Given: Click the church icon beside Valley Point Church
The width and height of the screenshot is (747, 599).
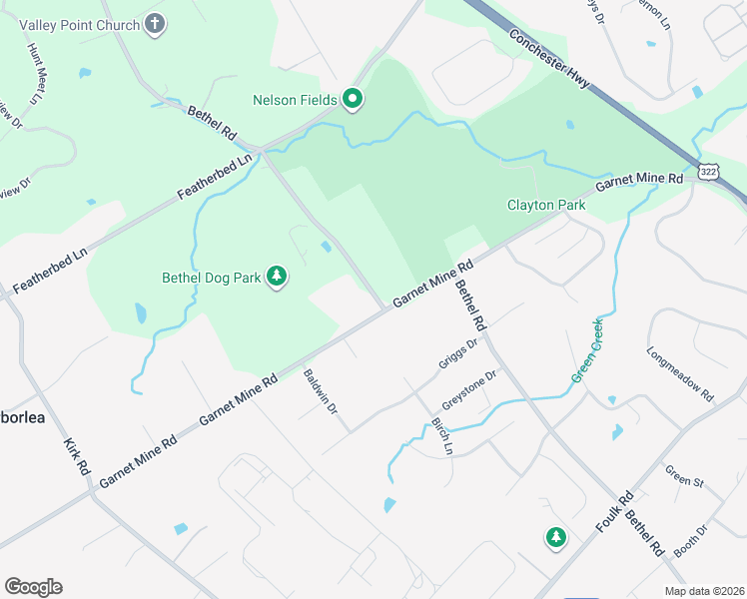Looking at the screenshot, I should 154,23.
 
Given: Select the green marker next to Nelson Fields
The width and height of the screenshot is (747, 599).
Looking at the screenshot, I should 353,99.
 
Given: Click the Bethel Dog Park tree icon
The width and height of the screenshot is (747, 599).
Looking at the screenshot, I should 277,277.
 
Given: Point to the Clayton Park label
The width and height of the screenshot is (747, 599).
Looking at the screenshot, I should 545,205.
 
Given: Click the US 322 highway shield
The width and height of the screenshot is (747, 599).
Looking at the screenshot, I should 707,172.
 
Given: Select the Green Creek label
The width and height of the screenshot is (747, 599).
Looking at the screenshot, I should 587,349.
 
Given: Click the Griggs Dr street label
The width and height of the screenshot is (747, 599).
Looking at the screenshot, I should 458,353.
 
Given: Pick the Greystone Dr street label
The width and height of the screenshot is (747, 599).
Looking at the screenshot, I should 468,390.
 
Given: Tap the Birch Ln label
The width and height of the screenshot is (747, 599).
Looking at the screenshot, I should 441,435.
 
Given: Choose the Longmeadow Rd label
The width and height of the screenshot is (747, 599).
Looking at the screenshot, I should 680,374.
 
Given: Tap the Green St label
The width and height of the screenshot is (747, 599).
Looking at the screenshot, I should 684,476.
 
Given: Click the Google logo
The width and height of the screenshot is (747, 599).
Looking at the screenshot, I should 33,586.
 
